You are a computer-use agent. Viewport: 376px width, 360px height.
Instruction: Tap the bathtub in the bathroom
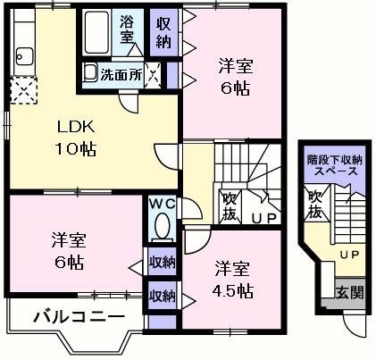pos(96,33)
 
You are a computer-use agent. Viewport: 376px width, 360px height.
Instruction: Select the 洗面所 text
pos(121,75)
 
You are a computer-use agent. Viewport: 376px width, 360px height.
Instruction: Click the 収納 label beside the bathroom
pos(164,31)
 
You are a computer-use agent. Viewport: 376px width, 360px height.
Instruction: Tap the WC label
pos(162,205)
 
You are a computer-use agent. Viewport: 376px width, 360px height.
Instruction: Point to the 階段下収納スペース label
pos(336,164)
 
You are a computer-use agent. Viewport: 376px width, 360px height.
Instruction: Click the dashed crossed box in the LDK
pos(21,90)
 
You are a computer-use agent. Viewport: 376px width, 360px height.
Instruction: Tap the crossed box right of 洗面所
pos(154,74)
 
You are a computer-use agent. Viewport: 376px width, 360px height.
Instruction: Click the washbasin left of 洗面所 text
pos(90,72)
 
